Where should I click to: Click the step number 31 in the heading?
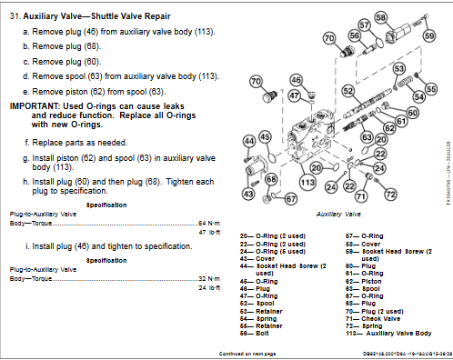tap(15, 17)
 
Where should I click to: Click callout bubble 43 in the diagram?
tap(248, 193)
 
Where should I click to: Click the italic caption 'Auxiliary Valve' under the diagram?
tap(336, 217)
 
